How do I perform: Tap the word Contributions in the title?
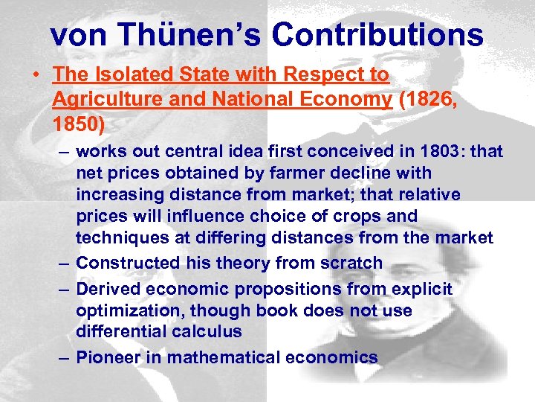pos(378,34)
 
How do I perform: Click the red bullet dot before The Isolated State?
pos(36,75)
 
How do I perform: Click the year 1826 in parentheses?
pos(430,99)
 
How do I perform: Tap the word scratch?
pos(352,263)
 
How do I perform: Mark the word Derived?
pos(109,288)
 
